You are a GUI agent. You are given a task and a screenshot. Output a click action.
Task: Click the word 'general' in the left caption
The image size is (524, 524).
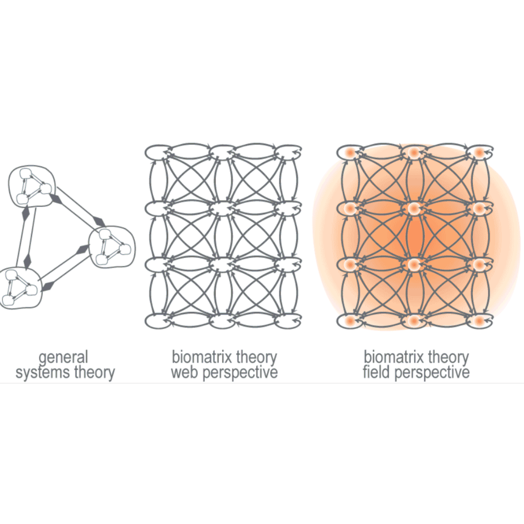[63, 358]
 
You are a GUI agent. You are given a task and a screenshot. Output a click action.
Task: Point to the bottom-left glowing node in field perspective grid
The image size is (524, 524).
[350, 321]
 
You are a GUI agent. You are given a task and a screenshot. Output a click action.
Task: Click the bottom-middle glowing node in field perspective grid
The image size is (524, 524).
[414, 321]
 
